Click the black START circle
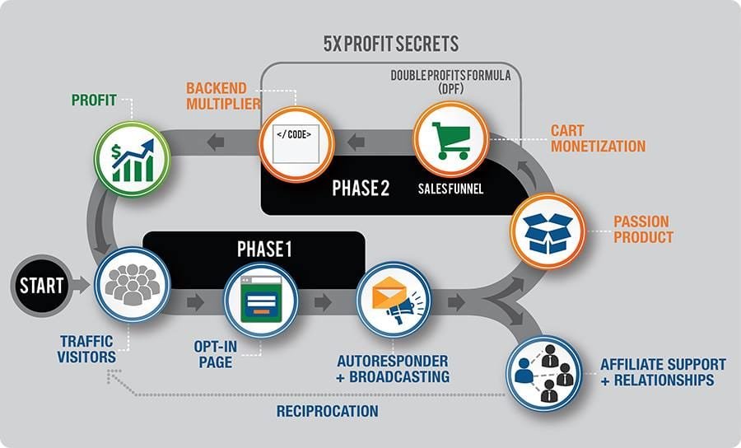tap(40, 287)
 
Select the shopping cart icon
tap(451, 138)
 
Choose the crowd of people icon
tap(132, 285)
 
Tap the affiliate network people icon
tap(544, 371)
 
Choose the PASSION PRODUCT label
tap(643, 229)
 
